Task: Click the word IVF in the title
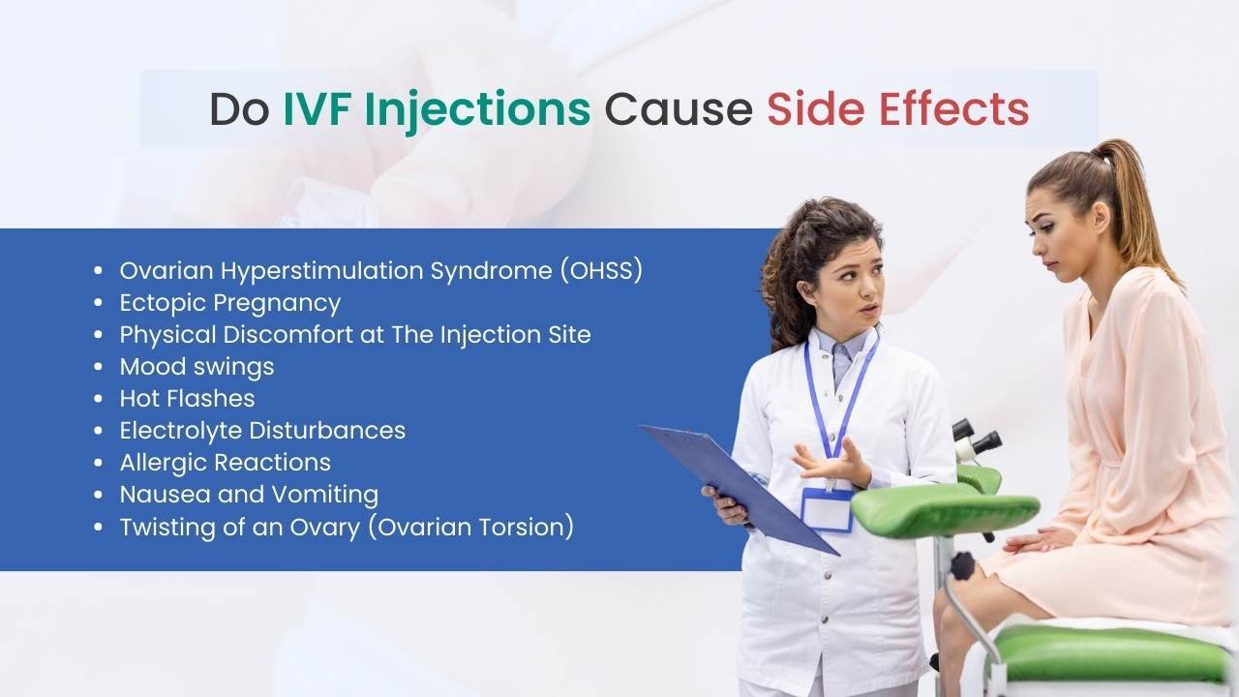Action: (317, 109)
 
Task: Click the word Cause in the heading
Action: (679, 109)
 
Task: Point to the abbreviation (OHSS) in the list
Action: (601, 270)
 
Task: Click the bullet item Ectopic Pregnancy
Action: (230, 303)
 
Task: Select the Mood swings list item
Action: (196, 367)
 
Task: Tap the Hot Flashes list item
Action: (188, 398)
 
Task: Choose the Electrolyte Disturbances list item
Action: (262, 431)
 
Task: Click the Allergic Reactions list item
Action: (226, 463)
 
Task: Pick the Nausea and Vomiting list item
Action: (250, 495)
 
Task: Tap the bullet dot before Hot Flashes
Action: (99, 398)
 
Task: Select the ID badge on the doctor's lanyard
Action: (827, 509)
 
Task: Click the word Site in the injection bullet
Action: (570, 335)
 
